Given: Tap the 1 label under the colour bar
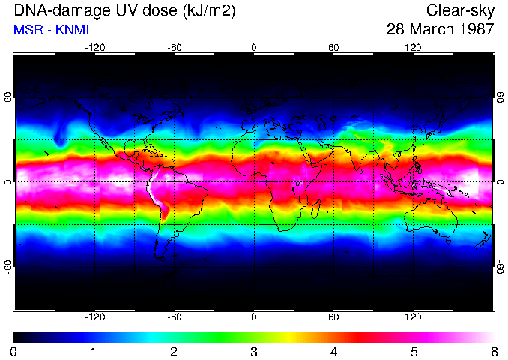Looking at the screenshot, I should click(x=93, y=351).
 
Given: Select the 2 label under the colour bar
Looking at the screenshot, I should click(x=173, y=351).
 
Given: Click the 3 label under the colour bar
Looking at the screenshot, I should click(x=253, y=351).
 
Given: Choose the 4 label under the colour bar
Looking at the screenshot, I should click(x=333, y=351).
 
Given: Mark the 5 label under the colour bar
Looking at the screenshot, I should click(x=414, y=351).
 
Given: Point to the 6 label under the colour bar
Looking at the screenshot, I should click(x=493, y=351).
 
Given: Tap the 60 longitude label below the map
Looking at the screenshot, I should click(x=333, y=316).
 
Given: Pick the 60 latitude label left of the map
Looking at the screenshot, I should click(x=7, y=99).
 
